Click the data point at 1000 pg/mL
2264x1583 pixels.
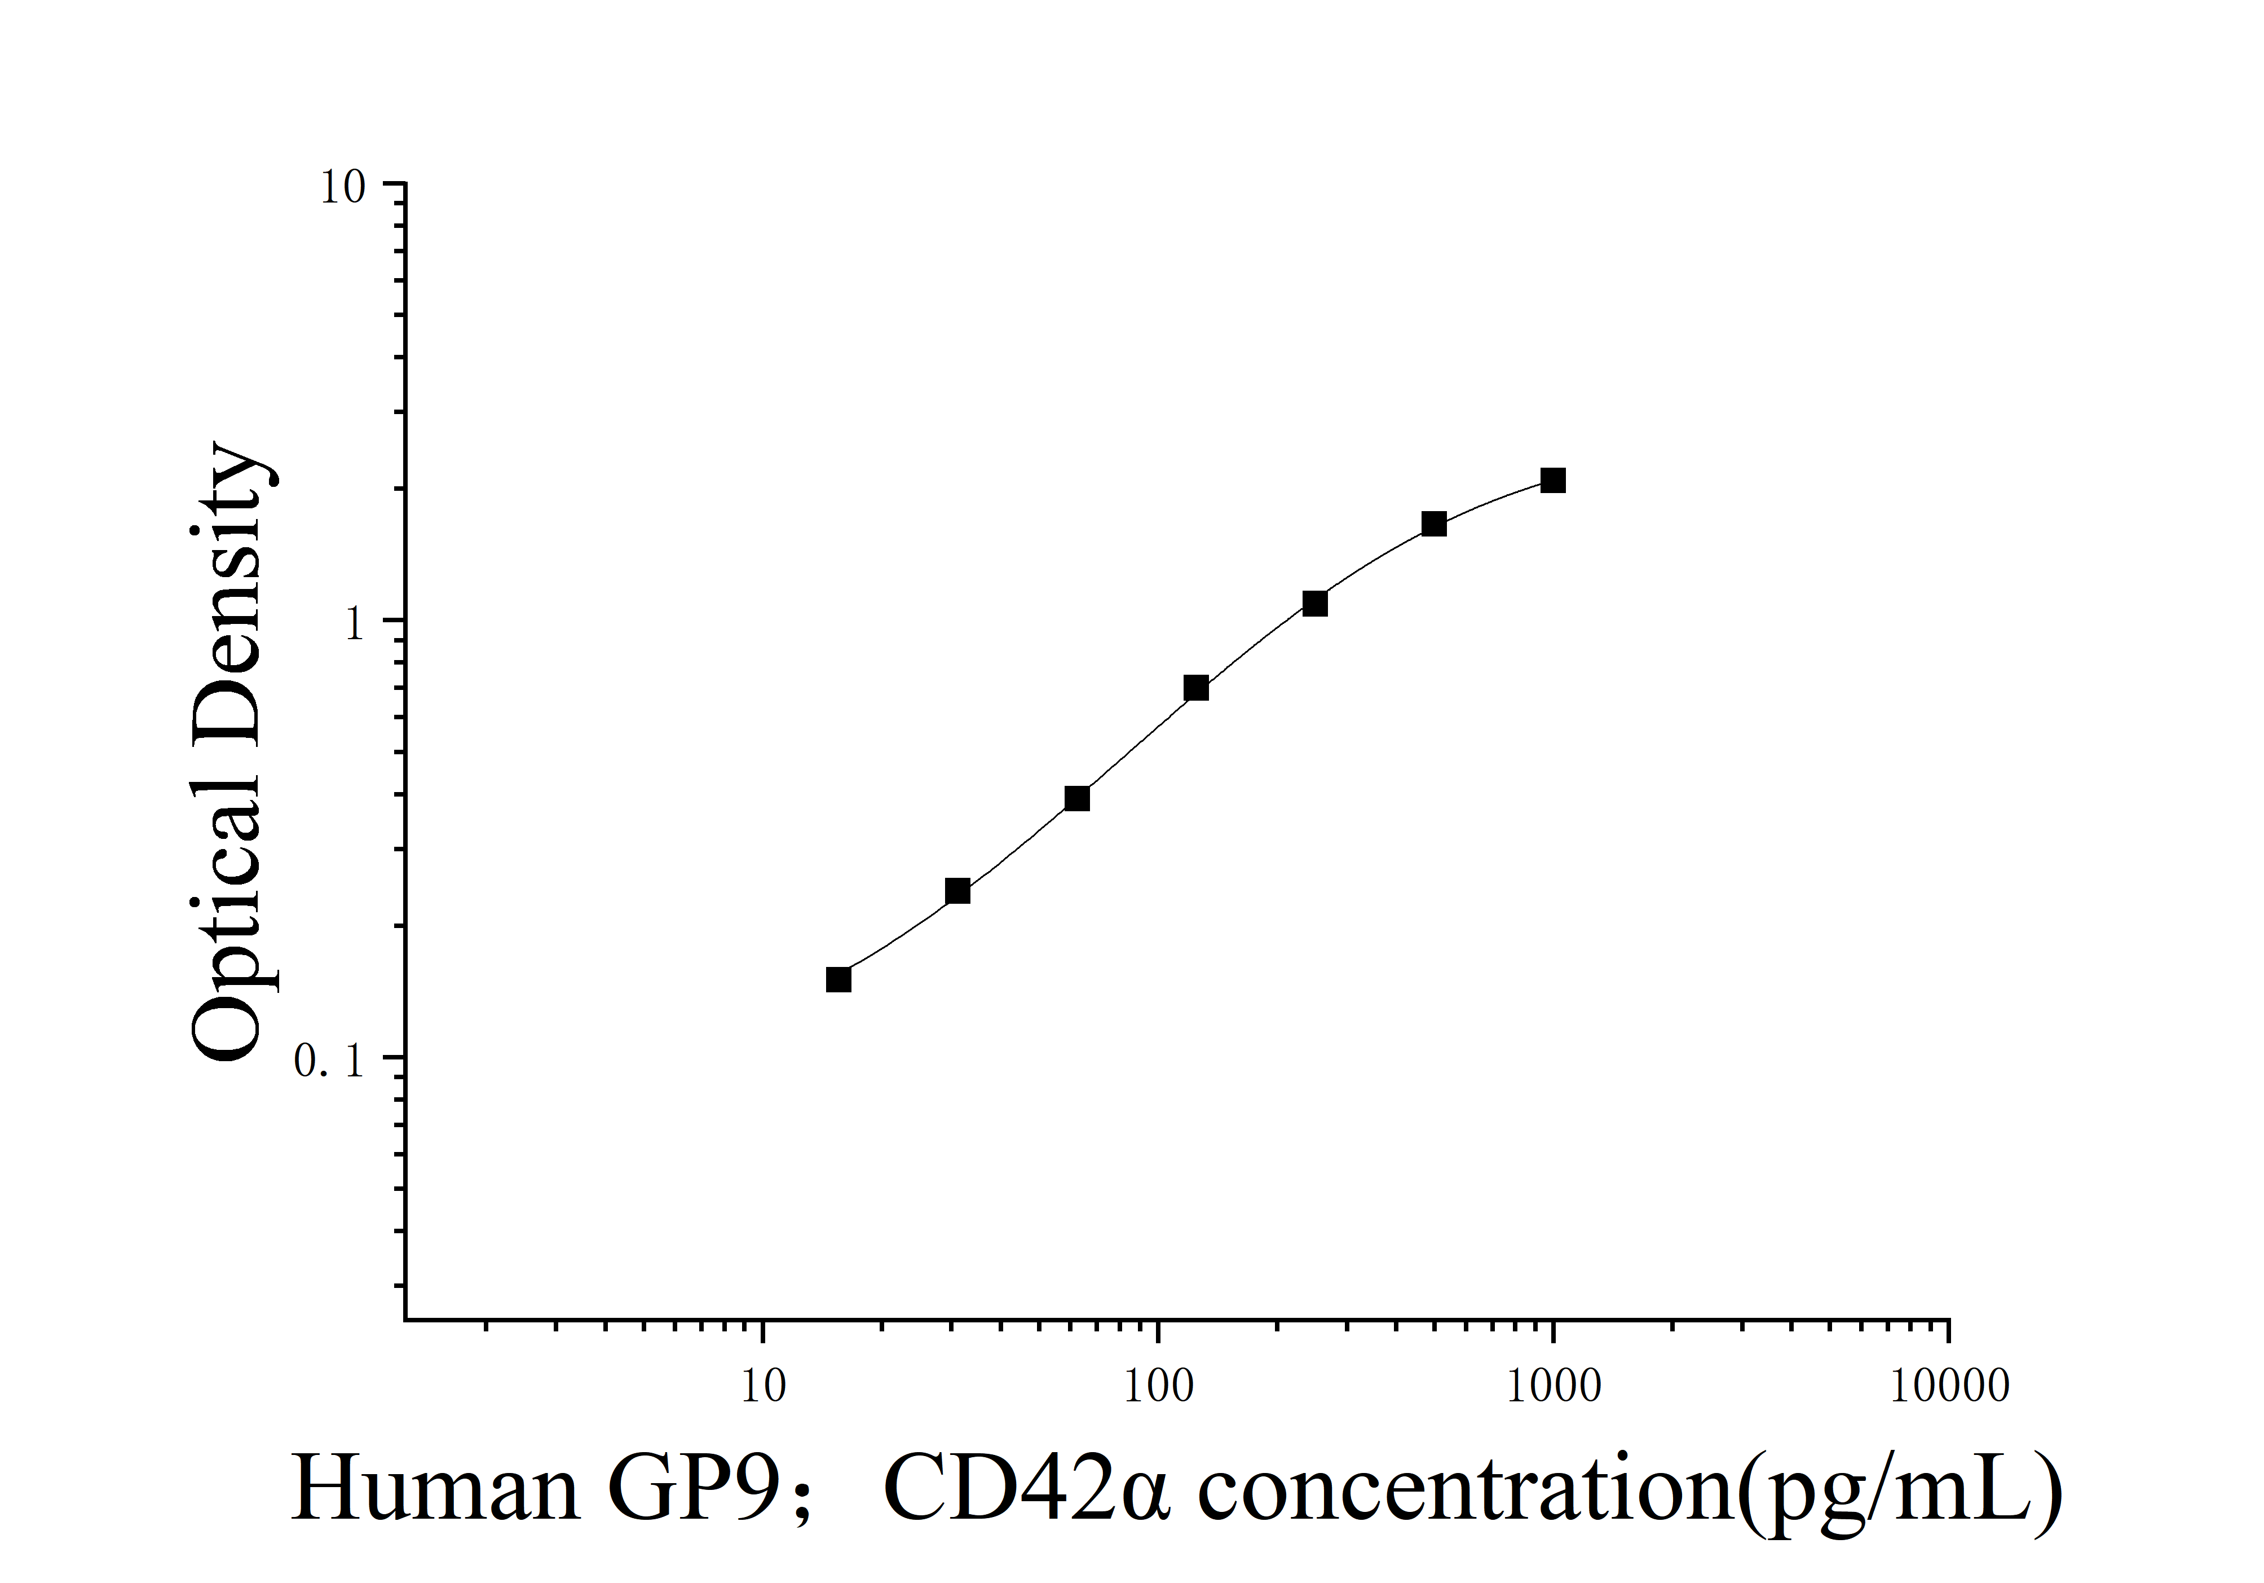1553,480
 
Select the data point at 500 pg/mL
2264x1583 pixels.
1434,524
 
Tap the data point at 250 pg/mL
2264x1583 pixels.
1314,604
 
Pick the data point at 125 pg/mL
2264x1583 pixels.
1196,688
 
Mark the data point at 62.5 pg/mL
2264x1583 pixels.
1077,798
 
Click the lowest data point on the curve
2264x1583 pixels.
838,979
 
